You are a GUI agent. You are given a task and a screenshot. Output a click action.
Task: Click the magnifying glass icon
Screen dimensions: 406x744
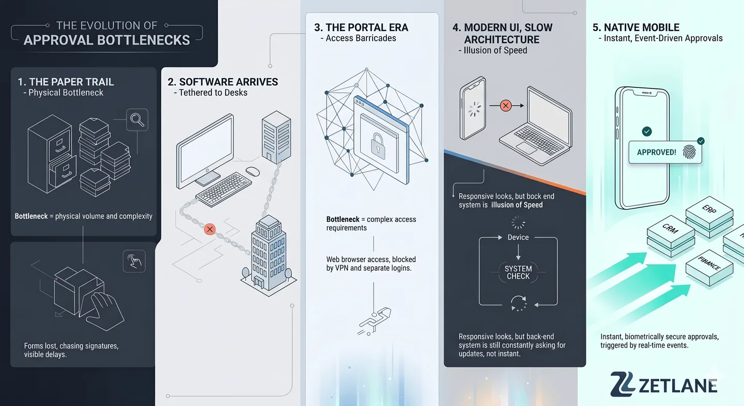pyautogui.click(x=137, y=119)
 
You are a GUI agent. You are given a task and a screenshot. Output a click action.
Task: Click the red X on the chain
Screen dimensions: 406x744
pyautogui.click(x=210, y=229)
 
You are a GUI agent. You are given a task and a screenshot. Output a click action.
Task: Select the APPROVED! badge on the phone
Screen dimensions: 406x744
pyautogui.click(x=656, y=153)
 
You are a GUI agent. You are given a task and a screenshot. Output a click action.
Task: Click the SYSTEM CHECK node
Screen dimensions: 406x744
pyautogui.click(x=518, y=273)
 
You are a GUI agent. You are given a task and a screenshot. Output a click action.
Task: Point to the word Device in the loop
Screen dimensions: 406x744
pyautogui.click(x=518, y=237)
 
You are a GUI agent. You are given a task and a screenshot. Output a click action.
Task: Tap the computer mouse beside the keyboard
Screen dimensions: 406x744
pyautogui.click(x=253, y=171)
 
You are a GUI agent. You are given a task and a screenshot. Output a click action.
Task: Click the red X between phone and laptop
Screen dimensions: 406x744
pyautogui.click(x=506, y=106)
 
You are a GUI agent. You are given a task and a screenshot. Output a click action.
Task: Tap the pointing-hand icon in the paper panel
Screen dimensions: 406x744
pyautogui.click(x=134, y=261)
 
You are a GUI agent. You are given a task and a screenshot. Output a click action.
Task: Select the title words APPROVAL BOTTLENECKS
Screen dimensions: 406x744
pyautogui.click(x=107, y=40)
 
